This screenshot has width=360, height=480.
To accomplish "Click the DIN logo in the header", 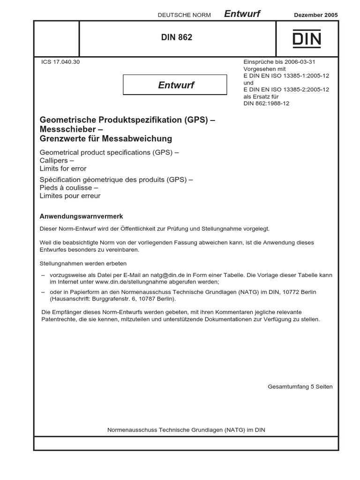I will [x=307, y=39].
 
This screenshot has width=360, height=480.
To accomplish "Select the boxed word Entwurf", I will [x=176, y=85].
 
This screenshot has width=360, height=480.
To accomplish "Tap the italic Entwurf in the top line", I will [x=242, y=14].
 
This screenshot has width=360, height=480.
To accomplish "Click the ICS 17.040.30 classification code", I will [x=60, y=61].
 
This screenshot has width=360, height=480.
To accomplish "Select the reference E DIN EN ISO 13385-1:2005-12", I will [x=286, y=75].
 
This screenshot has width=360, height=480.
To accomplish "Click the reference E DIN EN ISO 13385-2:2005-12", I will [x=286, y=90].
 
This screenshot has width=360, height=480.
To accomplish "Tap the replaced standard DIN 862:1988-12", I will [x=266, y=104].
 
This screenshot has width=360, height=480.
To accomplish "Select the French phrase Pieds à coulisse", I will [x=69, y=187].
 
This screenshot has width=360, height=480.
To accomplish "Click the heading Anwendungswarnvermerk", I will [x=82, y=217].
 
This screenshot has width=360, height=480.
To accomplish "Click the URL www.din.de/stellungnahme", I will [x=132, y=282].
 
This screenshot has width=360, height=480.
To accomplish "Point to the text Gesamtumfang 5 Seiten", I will [x=300, y=387].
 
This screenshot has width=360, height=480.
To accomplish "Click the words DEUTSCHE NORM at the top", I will [x=184, y=15].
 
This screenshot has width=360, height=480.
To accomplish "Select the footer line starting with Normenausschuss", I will [x=186, y=430].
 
